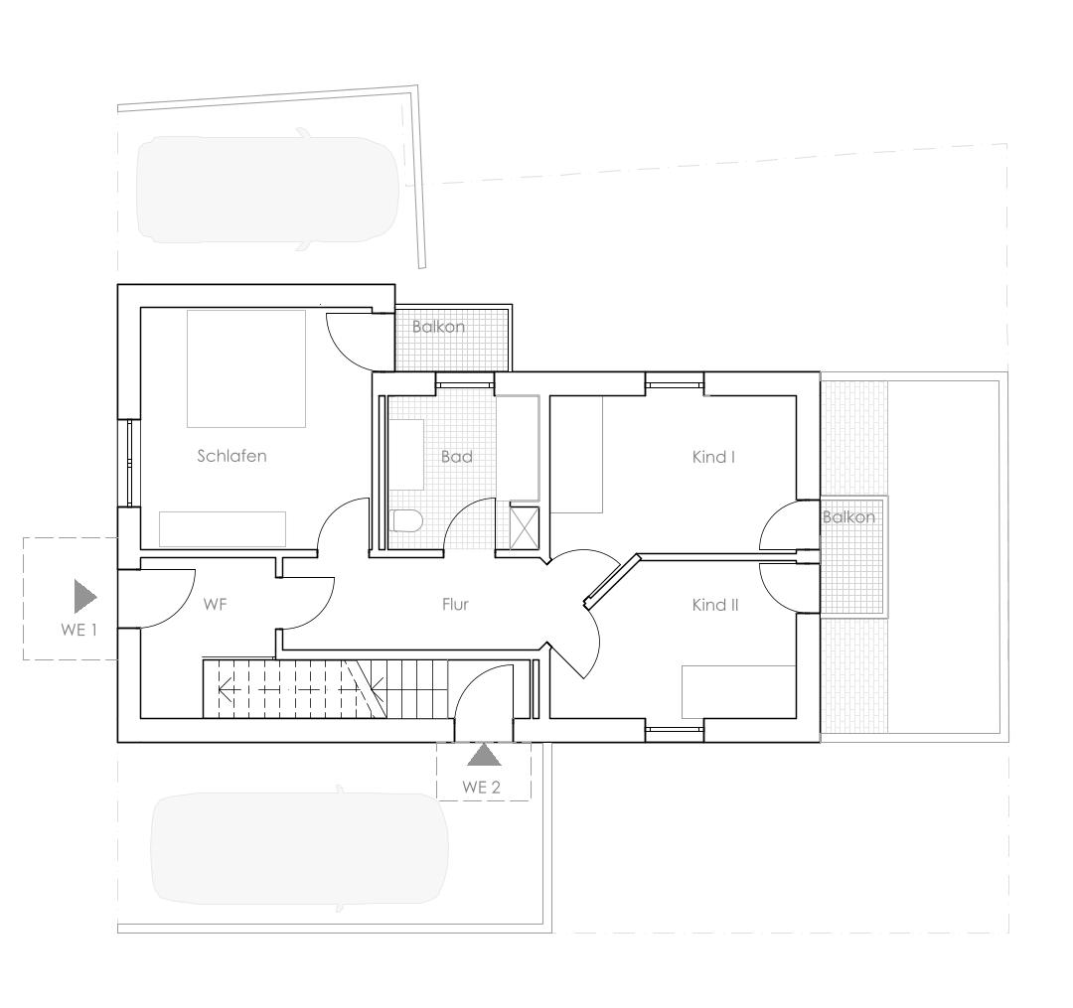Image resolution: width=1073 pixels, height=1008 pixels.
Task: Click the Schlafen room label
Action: point(231,456)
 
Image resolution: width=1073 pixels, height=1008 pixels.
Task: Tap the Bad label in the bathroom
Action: point(456,456)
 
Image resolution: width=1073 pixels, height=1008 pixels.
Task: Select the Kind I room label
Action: point(713,456)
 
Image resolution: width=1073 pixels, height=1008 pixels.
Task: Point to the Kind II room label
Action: point(715,605)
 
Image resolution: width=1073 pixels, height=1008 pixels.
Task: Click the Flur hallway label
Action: point(455,604)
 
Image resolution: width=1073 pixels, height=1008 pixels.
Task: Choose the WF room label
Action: point(215,604)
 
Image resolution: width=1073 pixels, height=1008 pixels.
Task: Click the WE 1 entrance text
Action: point(78,630)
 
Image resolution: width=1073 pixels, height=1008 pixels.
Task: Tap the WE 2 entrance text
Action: point(481,788)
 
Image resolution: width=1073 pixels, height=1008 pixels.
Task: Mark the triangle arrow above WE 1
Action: point(85,596)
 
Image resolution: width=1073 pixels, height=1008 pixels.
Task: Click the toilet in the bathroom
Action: point(408,521)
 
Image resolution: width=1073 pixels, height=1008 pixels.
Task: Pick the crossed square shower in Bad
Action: point(525,527)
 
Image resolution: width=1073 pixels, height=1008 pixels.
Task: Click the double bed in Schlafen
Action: point(246,368)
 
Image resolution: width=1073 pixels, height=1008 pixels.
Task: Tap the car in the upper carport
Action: point(268,190)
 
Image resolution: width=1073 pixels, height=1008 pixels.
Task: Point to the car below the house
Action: point(300,848)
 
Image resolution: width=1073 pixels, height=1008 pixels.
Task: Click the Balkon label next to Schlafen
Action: point(439,327)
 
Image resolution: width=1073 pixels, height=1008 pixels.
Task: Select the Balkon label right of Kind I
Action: point(848,517)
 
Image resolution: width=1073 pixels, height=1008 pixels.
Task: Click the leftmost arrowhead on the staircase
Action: point(225,689)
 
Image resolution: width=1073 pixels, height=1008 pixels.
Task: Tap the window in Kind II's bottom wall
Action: point(675,730)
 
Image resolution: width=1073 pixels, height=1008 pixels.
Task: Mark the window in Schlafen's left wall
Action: point(129,463)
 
